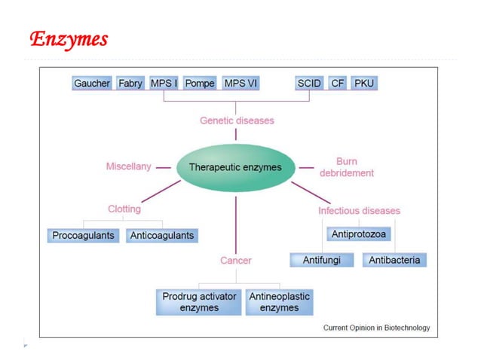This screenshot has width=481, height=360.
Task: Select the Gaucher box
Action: click(x=92, y=84)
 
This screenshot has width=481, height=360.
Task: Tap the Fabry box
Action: click(x=130, y=84)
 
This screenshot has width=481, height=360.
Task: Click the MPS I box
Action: click(x=164, y=84)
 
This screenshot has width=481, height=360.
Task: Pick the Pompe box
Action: click(x=200, y=84)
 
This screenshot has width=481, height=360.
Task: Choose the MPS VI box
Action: click(x=240, y=84)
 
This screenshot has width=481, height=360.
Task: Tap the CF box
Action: click(x=338, y=84)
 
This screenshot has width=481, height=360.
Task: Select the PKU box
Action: click(x=364, y=84)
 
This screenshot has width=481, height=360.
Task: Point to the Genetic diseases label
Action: click(x=237, y=121)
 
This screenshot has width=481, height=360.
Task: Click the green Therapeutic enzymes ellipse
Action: click(x=236, y=167)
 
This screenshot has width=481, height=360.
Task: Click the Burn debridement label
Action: click(x=346, y=167)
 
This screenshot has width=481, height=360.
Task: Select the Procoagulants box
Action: click(x=84, y=236)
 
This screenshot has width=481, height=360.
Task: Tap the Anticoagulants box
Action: click(x=161, y=236)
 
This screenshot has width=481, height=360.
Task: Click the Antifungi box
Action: click(x=322, y=261)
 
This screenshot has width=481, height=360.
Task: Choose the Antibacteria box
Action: click(x=395, y=261)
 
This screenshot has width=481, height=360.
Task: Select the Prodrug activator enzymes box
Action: click(x=199, y=302)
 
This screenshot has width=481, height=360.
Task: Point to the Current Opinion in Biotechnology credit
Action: click(x=376, y=328)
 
